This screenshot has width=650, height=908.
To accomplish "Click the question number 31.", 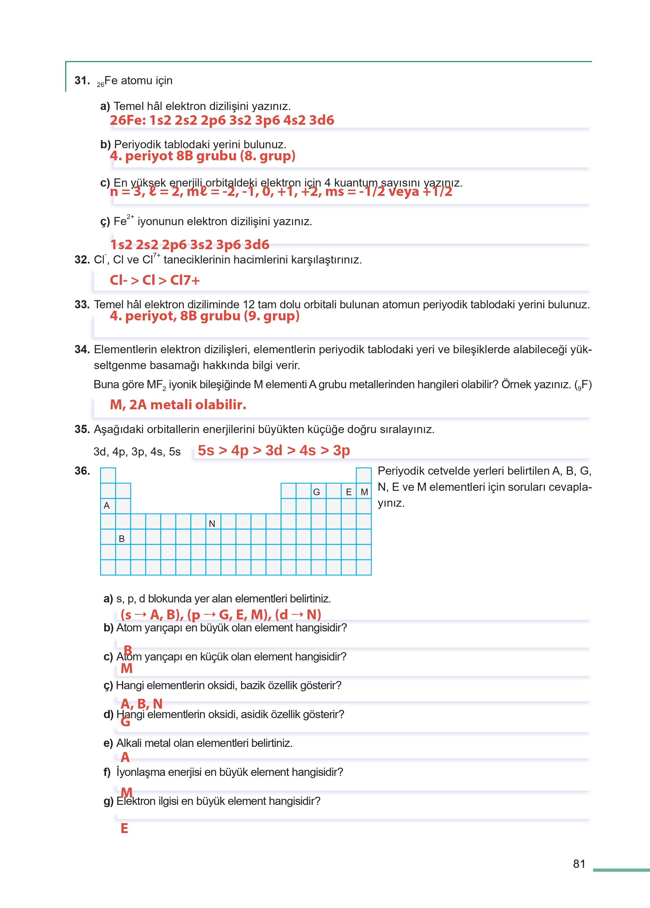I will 82,80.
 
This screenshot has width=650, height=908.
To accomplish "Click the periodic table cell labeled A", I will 107,506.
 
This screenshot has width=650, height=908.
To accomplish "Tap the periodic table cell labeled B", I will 123,538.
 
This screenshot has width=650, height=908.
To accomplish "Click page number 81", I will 579,864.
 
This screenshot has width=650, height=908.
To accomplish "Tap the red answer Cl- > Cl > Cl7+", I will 155,280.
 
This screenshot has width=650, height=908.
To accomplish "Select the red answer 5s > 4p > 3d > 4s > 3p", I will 274,450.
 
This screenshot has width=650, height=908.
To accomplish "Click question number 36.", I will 82,471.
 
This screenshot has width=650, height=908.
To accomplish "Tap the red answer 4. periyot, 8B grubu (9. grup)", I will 204,316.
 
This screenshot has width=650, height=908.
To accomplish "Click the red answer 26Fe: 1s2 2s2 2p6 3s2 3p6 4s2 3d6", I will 222,120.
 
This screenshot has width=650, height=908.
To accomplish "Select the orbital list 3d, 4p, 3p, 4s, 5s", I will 137,452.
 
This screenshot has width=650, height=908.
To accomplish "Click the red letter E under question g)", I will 125,828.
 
